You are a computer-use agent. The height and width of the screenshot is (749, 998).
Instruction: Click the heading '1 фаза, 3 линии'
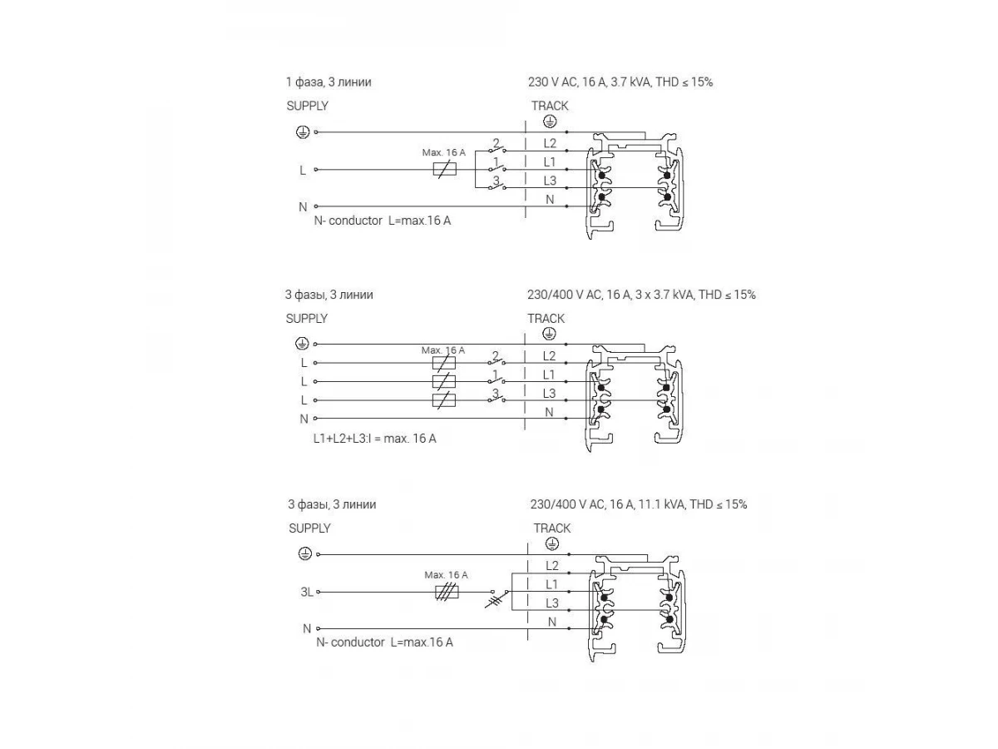tap(328, 82)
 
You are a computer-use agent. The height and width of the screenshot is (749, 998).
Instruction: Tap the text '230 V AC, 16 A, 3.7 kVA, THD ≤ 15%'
tap(620, 82)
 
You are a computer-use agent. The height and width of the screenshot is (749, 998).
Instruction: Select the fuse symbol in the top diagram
tap(445, 170)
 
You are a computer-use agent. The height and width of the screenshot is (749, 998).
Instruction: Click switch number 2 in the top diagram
tap(497, 149)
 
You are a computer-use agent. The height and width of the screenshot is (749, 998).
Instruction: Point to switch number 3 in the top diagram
tap(497, 186)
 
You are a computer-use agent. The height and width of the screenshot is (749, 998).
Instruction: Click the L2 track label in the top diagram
tap(550, 143)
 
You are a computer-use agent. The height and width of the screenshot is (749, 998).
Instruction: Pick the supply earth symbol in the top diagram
tap(303, 131)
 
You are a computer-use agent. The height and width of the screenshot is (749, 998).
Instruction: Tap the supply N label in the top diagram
tap(303, 206)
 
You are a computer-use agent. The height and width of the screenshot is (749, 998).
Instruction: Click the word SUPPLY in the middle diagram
tap(307, 318)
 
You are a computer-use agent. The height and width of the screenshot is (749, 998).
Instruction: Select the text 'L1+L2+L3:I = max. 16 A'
tap(369, 439)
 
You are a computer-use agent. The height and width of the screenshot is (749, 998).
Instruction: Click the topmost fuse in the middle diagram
tap(444, 363)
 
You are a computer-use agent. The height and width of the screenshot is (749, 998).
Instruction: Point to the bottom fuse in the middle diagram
tap(444, 400)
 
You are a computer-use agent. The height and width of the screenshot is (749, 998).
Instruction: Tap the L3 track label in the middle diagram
tap(549, 394)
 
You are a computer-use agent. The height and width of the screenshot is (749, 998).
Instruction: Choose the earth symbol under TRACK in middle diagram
tap(549, 333)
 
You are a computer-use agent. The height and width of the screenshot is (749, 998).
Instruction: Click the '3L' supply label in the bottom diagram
tap(307, 592)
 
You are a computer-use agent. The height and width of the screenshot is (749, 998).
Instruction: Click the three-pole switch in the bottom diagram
tap(497, 596)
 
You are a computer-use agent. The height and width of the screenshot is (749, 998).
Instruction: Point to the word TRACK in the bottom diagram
tap(551, 528)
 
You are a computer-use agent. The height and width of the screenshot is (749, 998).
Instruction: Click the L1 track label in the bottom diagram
tap(551, 584)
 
